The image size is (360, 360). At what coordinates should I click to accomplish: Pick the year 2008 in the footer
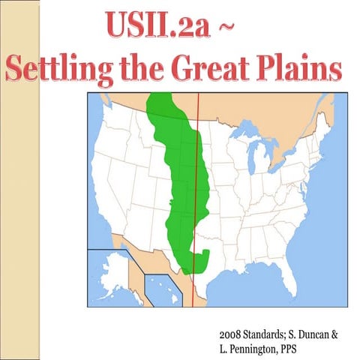click(x=232, y=331)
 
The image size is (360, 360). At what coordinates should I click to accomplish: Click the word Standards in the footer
click(x=271, y=331)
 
